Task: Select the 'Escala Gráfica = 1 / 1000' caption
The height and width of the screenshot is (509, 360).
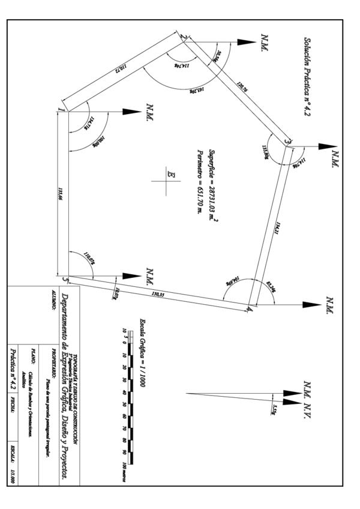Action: pos(142,353)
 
